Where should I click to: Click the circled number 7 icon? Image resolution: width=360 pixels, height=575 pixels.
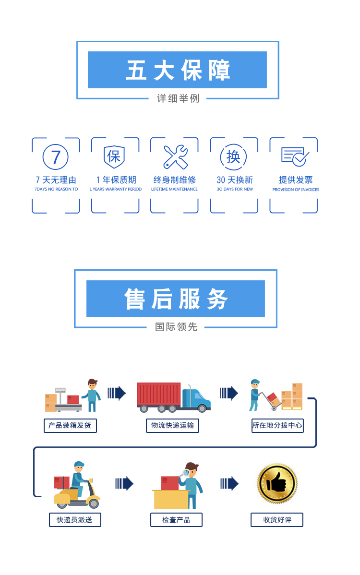[x=56, y=157]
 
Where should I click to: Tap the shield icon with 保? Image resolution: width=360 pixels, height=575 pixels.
[x=114, y=156]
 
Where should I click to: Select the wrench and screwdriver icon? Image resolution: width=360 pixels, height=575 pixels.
[x=175, y=156]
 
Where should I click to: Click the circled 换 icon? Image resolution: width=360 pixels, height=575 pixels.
[x=233, y=156]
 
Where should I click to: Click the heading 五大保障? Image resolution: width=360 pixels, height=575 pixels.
[x=177, y=70]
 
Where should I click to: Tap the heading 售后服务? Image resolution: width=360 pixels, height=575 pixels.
[x=176, y=299]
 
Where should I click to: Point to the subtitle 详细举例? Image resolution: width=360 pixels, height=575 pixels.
[x=178, y=98]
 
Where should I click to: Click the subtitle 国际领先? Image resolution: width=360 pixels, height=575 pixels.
[x=176, y=327]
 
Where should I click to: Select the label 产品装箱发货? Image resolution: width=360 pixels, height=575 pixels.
[x=70, y=425]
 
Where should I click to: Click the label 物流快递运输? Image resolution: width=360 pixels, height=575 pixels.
[x=172, y=425]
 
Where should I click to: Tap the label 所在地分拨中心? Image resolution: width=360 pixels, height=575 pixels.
[x=277, y=425]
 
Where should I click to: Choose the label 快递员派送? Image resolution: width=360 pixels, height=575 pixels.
[x=75, y=520]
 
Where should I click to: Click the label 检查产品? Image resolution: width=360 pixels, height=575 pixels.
[x=176, y=520]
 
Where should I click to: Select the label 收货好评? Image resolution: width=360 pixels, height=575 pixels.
[x=277, y=520]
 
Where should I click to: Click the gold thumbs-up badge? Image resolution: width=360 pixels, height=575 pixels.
[x=277, y=484]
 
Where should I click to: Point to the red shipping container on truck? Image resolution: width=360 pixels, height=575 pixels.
[x=158, y=395]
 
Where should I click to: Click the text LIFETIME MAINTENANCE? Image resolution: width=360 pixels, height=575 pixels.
[x=174, y=190]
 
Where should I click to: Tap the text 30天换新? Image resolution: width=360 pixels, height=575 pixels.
[x=234, y=180]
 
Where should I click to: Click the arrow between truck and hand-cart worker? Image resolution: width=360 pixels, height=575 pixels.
[x=229, y=393]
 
